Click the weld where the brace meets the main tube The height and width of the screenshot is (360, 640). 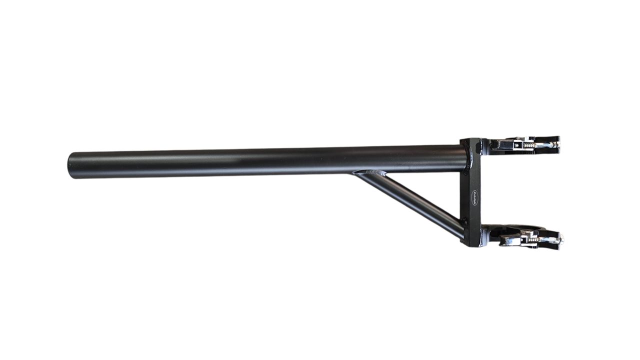370,173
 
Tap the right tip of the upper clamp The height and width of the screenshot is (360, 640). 557,143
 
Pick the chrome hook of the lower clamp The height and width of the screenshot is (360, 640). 510,241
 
